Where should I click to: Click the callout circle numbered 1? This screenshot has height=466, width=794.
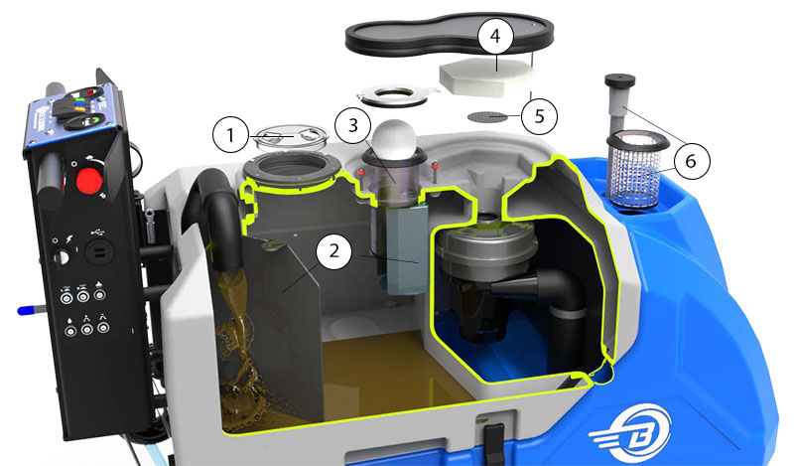point(231,135)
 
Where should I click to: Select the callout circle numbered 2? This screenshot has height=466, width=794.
point(333,251)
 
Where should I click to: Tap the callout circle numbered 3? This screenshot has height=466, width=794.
point(353,125)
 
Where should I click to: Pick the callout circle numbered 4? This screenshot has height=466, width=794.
point(495,36)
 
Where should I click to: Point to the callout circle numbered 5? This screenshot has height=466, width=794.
point(539,116)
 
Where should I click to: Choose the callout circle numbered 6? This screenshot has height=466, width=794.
point(691,161)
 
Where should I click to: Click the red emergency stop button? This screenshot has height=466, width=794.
point(89,181)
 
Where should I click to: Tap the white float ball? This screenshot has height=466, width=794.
point(394,137)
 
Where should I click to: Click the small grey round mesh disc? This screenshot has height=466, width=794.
point(487,117)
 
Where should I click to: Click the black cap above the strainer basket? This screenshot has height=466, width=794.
point(619,80)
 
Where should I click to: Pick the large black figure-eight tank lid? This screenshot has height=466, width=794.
point(449,36)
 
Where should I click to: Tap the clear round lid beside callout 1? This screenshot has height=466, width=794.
point(291,137)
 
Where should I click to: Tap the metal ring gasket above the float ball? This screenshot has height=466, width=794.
point(395,95)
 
